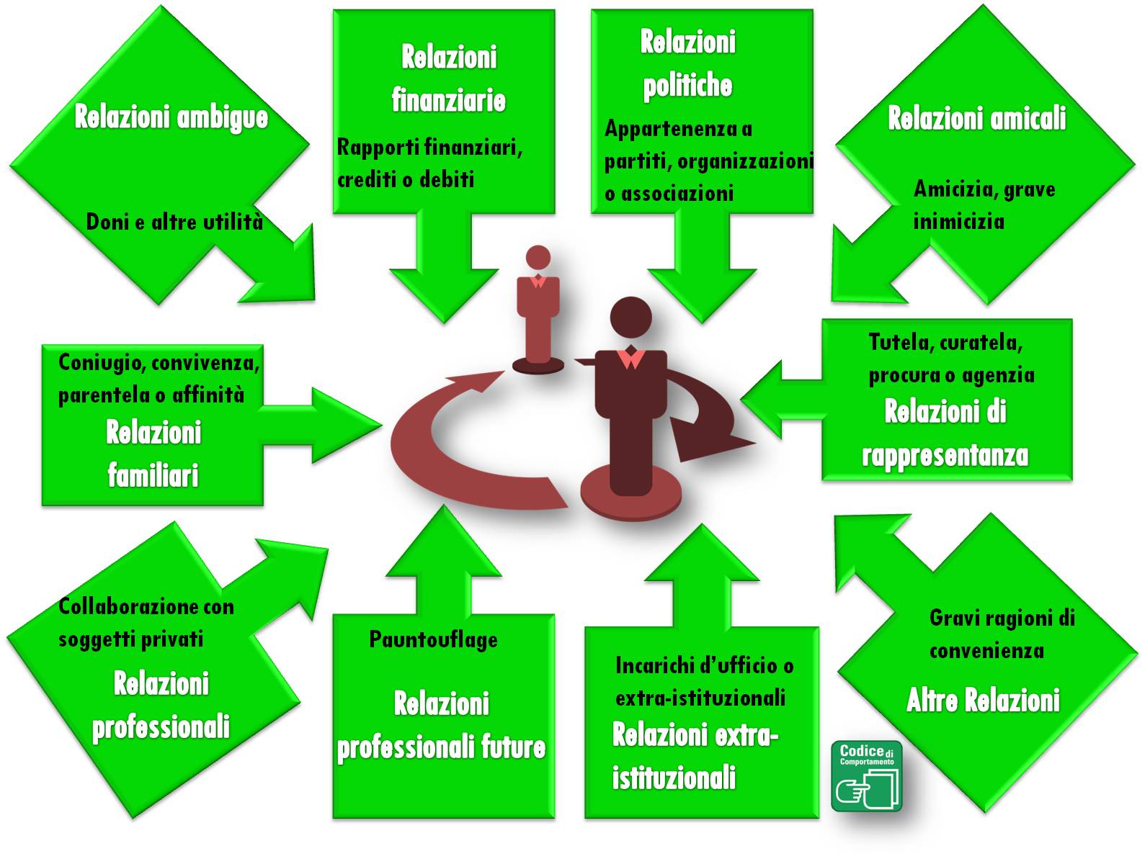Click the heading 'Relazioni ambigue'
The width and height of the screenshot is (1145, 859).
pyautogui.click(x=171, y=117)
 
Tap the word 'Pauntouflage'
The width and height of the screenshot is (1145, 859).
pyautogui.click(x=433, y=639)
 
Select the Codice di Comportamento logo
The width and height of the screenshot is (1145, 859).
pyautogui.click(x=866, y=776)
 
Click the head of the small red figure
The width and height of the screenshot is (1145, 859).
pyautogui.click(x=538, y=258)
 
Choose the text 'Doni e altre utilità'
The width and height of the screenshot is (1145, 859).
pyautogui.click(x=174, y=221)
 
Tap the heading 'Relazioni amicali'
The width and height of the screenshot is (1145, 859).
pyautogui.click(x=976, y=118)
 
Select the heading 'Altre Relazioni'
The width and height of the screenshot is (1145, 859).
pyautogui.click(x=983, y=700)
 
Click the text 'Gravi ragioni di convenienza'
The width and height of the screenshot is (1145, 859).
pyautogui.click(x=1002, y=634)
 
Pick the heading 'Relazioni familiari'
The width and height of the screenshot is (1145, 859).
pyautogui.click(x=153, y=454)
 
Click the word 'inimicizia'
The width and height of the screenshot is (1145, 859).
pyautogui.click(x=958, y=220)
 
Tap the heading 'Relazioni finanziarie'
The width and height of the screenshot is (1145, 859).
pyautogui.click(x=448, y=78)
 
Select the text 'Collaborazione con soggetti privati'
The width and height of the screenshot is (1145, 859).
pyautogui.click(x=146, y=622)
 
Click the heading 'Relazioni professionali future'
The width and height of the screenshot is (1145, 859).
pyautogui.click(x=441, y=726)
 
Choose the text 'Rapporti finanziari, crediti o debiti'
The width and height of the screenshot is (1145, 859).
pyautogui.click(x=429, y=163)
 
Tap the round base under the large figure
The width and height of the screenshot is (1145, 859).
pyautogui.click(x=631, y=497)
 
